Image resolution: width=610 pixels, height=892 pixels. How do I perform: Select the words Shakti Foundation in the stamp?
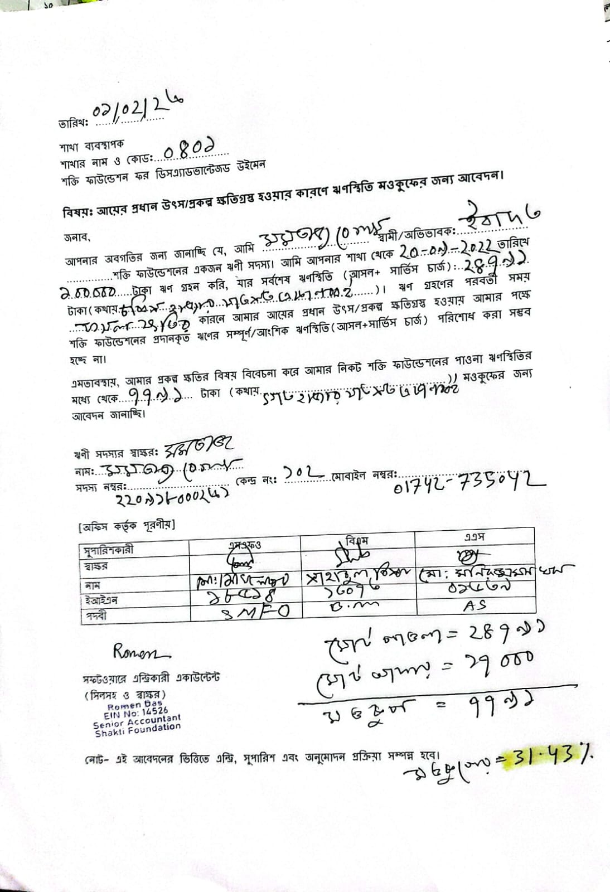coord(138,730)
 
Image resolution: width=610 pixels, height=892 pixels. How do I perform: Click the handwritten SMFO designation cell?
coord(256,612)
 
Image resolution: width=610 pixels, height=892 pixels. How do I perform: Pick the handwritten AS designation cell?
coord(475,605)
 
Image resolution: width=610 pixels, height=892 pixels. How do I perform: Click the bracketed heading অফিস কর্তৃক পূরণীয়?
coord(127,525)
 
